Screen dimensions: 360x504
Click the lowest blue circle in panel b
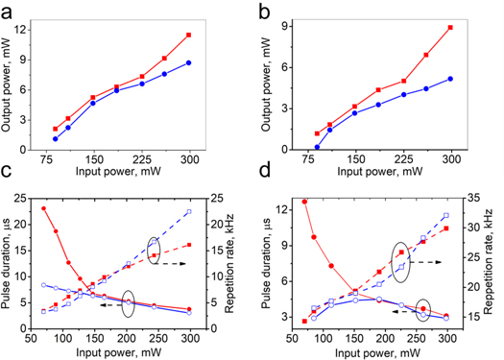(x=317, y=148)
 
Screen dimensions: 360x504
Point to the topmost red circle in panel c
(x=44, y=208)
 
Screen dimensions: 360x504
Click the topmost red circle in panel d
(x=304, y=202)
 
